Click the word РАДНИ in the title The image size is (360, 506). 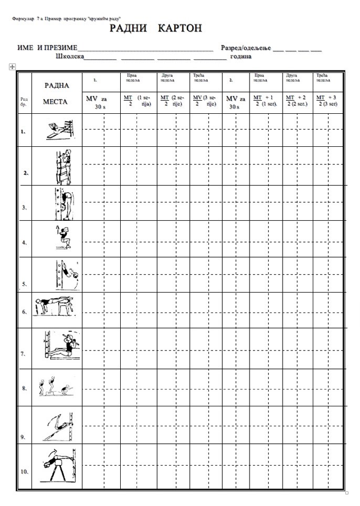[x=128, y=28]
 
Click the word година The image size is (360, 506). [x=242, y=56]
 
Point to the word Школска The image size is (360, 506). [x=70, y=56]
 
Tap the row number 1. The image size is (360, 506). [x=23, y=131]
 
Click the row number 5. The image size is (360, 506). [x=24, y=283]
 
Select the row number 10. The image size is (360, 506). [x=24, y=472]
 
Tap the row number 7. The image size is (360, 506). [x=23, y=353]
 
